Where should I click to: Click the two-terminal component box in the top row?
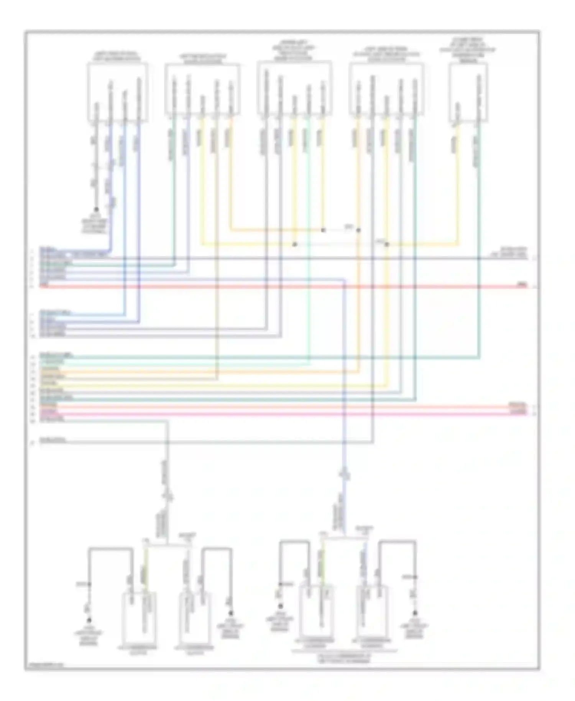[468, 92]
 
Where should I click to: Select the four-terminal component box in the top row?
[117, 92]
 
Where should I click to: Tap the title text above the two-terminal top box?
[468, 50]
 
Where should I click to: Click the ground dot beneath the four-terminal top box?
[96, 209]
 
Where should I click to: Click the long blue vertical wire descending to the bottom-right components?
[344, 383]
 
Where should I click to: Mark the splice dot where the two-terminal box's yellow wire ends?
[386, 244]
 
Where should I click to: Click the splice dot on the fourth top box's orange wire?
[358, 230]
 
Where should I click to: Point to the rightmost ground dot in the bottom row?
[414, 613]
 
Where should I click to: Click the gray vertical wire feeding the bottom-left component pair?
[167, 479]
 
